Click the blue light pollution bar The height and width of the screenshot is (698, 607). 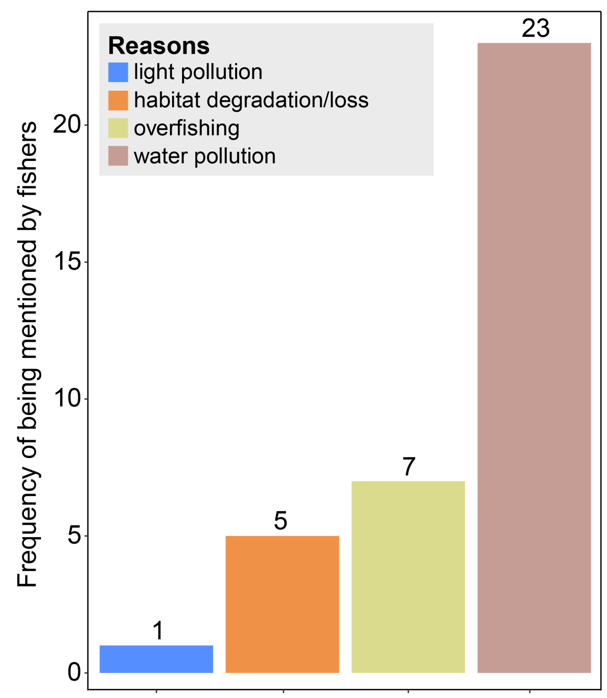click(x=156, y=659)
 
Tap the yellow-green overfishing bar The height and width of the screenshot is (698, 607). click(x=408, y=577)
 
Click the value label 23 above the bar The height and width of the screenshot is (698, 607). click(x=536, y=28)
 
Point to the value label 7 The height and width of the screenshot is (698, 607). click(x=409, y=467)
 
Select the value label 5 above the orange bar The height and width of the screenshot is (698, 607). click(x=281, y=521)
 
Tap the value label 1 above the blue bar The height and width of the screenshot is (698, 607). click(x=158, y=631)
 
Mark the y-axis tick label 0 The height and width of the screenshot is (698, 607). click(x=74, y=672)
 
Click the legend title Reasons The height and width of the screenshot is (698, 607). click(x=159, y=46)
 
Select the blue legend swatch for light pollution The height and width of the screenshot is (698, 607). click(x=118, y=72)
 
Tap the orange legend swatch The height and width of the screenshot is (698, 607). click(x=118, y=100)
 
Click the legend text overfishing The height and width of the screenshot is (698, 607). click(x=187, y=129)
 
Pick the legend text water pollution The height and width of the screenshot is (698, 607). click(x=205, y=156)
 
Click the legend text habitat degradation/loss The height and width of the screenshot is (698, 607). click(x=251, y=100)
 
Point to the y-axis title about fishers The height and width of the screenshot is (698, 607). click(x=27, y=354)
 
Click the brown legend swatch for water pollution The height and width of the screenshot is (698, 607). click(x=118, y=156)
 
